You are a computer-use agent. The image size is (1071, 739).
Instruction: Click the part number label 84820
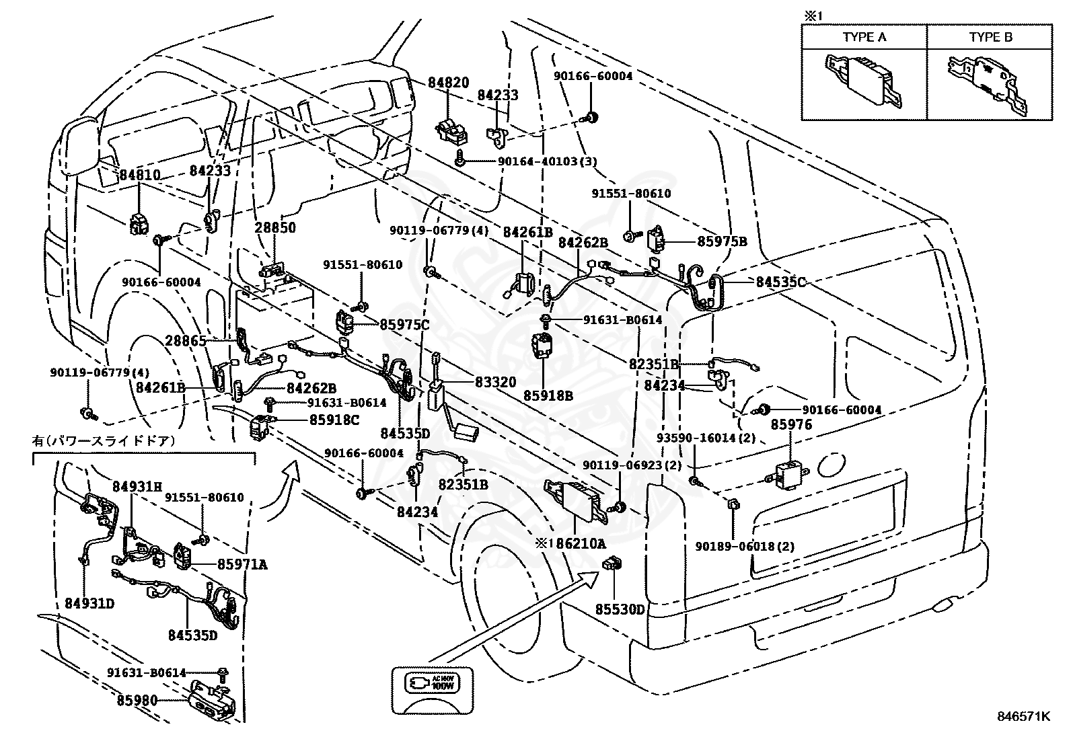(x=449, y=83)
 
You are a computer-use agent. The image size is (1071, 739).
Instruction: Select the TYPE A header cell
(x=864, y=37)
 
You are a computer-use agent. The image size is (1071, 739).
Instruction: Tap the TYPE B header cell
(x=990, y=37)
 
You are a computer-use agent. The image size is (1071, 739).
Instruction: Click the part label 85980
(x=137, y=700)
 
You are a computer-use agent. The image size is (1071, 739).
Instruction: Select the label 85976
(x=791, y=424)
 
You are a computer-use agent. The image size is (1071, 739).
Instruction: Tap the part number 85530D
(x=620, y=610)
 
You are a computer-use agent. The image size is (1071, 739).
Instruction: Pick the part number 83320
(x=496, y=382)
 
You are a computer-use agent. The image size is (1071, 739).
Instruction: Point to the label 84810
(x=140, y=176)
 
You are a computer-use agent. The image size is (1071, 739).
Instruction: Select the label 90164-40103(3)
(x=547, y=161)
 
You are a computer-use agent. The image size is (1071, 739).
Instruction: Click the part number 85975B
(x=722, y=241)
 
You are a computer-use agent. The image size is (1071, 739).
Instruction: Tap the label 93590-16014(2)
(x=706, y=438)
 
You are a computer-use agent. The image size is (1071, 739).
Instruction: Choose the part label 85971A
(x=242, y=564)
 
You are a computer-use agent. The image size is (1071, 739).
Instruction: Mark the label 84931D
(x=89, y=603)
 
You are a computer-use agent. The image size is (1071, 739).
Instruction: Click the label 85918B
(x=550, y=395)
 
